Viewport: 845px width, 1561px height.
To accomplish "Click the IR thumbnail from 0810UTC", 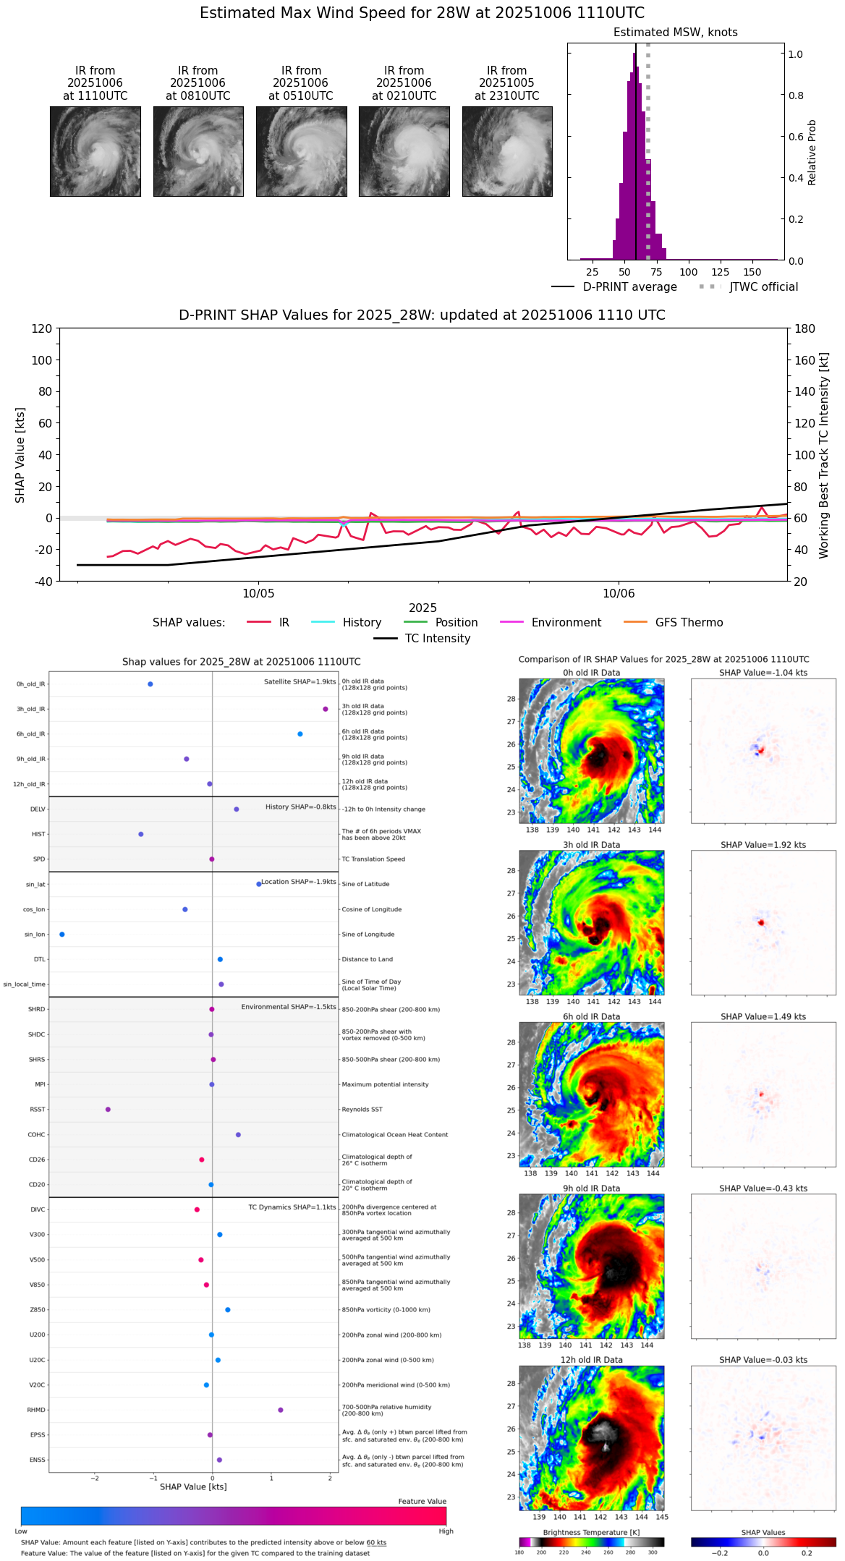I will click(x=198, y=151).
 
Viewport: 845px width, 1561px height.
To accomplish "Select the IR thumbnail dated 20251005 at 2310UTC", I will click(x=507, y=151).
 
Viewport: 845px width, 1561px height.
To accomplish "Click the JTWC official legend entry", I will click(x=763, y=287).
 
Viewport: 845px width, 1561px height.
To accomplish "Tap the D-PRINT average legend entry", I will click(x=629, y=287).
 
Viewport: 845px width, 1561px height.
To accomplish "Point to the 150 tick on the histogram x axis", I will click(x=752, y=273).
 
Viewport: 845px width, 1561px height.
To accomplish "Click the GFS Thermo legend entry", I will click(x=689, y=623).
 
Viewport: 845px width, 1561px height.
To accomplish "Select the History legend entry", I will click(x=362, y=623).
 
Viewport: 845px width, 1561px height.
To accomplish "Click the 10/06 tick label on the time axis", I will click(x=619, y=594).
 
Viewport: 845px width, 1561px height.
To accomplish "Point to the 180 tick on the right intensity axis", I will click(x=805, y=328).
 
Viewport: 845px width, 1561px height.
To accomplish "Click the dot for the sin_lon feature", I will click(x=62, y=935).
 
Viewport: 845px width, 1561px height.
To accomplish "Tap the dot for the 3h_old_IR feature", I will click(x=326, y=709).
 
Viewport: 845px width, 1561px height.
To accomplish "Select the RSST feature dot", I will click(x=108, y=1110).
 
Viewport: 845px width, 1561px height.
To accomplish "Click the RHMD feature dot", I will click(x=281, y=1410).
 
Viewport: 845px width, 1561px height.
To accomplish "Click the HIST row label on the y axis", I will click(x=38, y=835).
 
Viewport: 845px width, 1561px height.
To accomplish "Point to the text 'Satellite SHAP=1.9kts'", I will click(x=300, y=681).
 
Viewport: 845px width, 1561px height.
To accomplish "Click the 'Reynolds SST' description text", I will click(x=362, y=1110).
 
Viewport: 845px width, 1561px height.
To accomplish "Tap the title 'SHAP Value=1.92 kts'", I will click(x=763, y=845).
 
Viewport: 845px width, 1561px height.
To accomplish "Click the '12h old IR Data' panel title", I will click(x=591, y=1360).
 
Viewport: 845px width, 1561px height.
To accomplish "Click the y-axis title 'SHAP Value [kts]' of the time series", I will click(x=20, y=454).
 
